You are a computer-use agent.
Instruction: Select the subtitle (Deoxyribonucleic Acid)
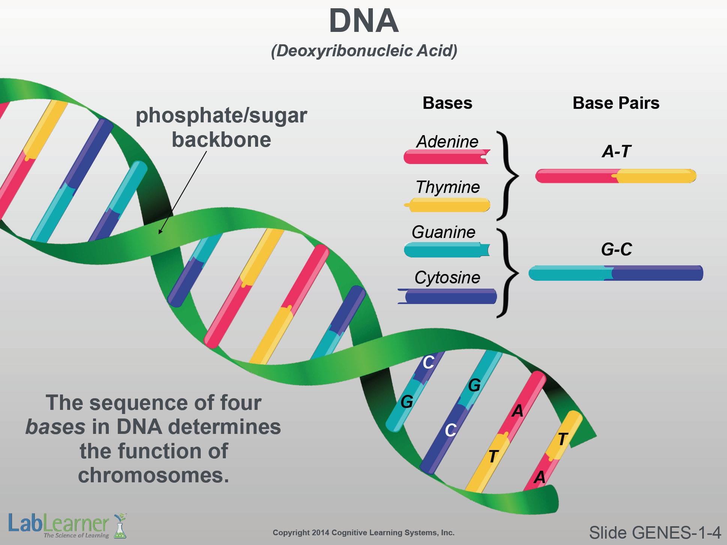pos(364,51)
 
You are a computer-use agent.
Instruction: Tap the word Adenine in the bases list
pos(447,142)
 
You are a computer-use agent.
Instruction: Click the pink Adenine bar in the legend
pos(447,157)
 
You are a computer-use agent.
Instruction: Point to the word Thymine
pos(448,187)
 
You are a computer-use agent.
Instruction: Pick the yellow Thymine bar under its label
pos(447,205)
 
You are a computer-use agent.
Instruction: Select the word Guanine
pos(443,232)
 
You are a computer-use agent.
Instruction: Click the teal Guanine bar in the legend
pos(447,250)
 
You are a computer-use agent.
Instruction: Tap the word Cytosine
pos(447,278)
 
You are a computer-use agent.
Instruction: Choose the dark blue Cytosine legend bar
pos(447,296)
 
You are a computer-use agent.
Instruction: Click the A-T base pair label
pos(616,152)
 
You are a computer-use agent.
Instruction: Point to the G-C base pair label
pos(616,249)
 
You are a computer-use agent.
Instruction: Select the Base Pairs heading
pos(616,103)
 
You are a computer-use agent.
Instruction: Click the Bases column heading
pos(448,103)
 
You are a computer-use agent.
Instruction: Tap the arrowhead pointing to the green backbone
pos(161,231)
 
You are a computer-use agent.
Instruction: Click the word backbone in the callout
pos(221,140)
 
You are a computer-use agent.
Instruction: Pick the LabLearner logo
pos(68,525)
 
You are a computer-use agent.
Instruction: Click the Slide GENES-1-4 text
pos(655,533)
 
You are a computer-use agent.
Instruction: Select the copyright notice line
pos(363,533)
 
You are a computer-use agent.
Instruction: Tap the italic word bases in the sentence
pos(55,427)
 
